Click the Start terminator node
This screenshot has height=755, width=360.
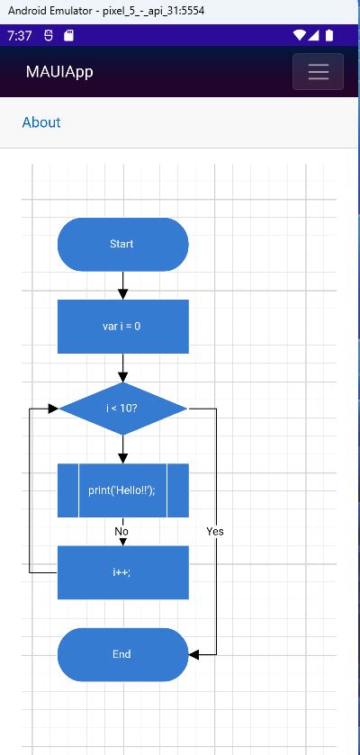pyautogui.click(x=122, y=244)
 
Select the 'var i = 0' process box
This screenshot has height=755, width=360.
pyautogui.click(x=122, y=327)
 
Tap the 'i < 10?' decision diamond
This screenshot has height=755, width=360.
pyautogui.click(x=122, y=409)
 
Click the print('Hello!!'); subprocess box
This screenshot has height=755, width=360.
pyautogui.click(x=122, y=490)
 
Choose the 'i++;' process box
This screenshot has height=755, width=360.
pyautogui.click(x=122, y=572)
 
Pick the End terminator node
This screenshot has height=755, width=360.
pyautogui.click(x=122, y=654)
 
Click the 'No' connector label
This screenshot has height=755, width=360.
pyautogui.click(x=121, y=532)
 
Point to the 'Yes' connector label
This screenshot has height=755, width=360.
pyautogui.click(x=214, y=532)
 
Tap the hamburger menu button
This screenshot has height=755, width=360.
pyautogui.click(x=318, y=72)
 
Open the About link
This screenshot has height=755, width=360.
pyautogui.click(x=41, y=122)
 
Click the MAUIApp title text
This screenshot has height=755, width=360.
pyautogui.click(x=59, y=72)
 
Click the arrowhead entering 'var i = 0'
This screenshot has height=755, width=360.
pyautogui.click(x=123, y=294)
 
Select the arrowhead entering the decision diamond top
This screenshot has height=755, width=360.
pyautogui.click(x=123, y=376)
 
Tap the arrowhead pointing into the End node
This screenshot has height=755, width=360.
pyautogui.click(x=194, y=654)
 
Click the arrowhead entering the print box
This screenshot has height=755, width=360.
pyautogui.click(x=123, y=458)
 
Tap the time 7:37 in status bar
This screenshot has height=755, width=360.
pyautogui.click(x=19, y=36)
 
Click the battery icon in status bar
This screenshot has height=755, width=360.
pyautogui.click(x=329, y=36)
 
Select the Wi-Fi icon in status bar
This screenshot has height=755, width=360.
pyautogui.click(x=299, y=36)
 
